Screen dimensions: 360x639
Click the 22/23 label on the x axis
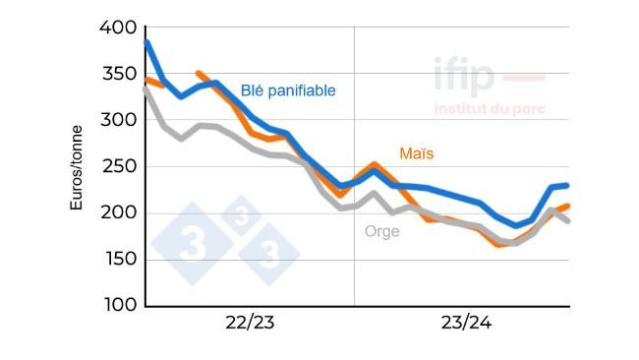click(x=250, y=325)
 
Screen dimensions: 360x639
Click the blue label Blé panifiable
click(x=288, y=90)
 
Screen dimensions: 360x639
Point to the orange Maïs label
click(x=416, y=153)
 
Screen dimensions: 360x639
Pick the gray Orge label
click(x=382, y=232)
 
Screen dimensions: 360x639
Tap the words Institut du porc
click(x=490, y=109)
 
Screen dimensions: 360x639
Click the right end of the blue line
click(x=568, y=185)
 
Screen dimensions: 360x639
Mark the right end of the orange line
click(x=568, y=206)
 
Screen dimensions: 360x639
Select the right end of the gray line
click(x=568, y=220)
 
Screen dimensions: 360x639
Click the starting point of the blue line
click(x=146, y=42)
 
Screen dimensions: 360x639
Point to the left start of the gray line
click(x=146, y=90)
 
